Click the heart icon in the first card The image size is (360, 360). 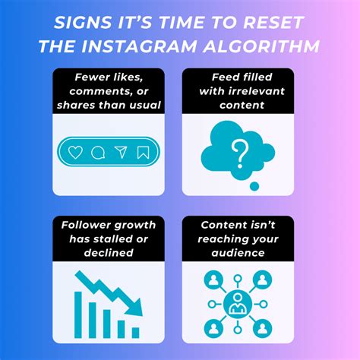(x=75, y=152)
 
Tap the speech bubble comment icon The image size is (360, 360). (x=97, y=152)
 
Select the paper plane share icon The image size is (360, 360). (x=120, y=152)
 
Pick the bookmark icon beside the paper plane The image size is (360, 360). (x=142, y=152)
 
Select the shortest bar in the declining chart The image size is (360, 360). (x=135, y=332)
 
